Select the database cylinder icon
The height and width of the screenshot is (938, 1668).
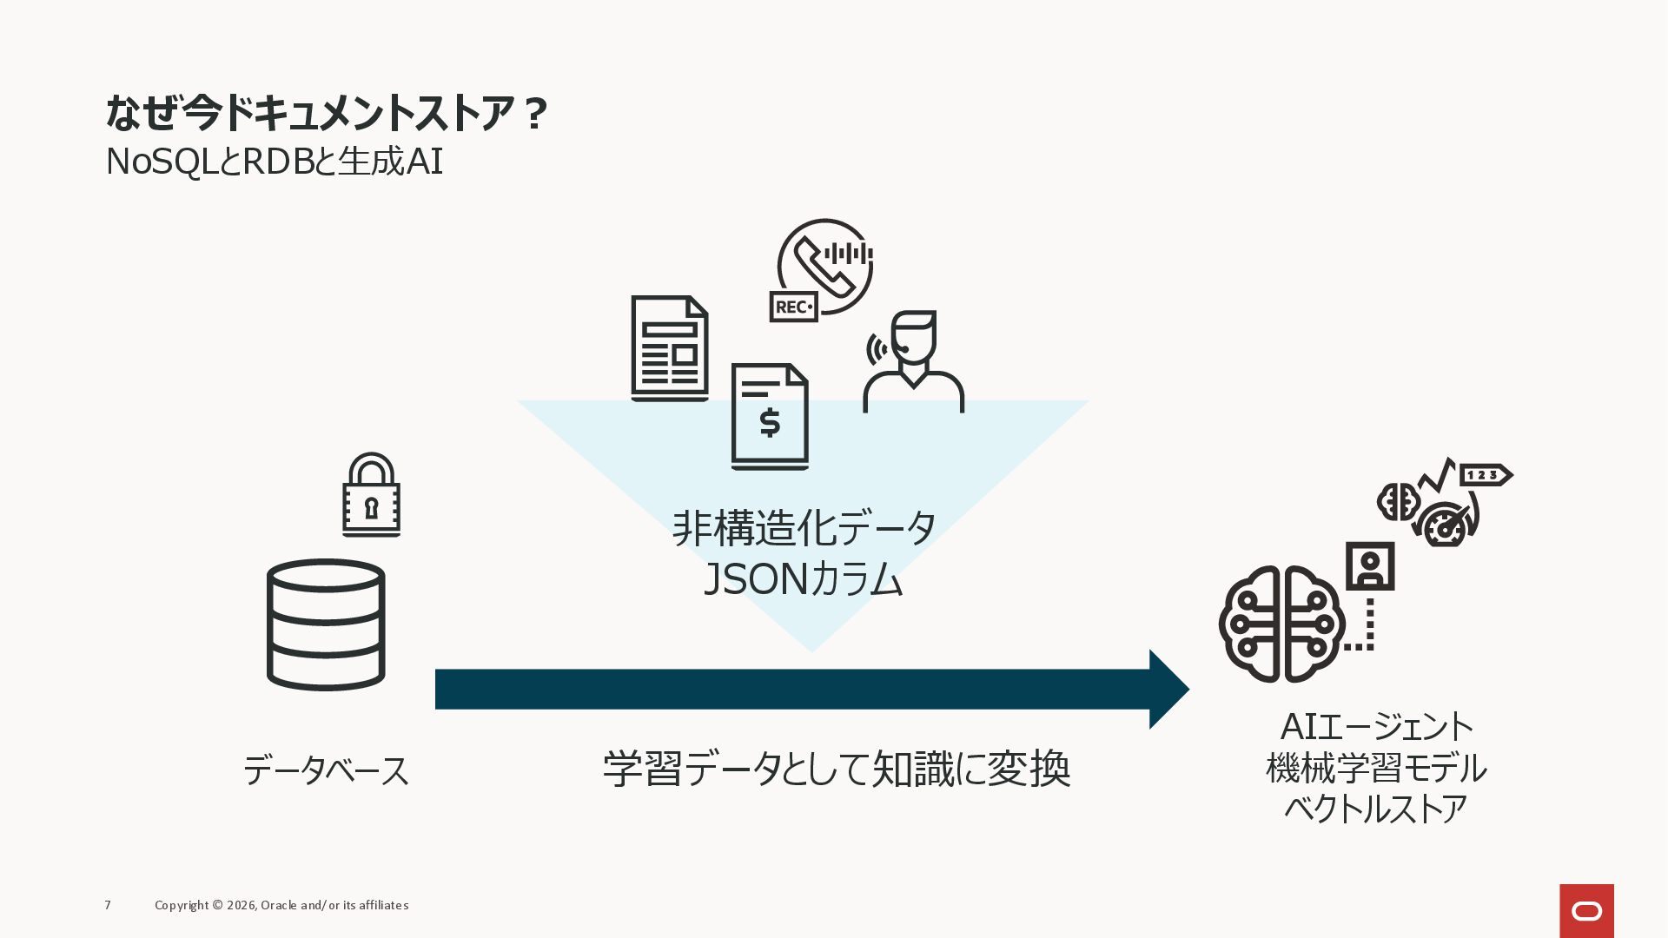(326, 624)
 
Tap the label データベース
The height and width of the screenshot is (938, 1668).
(326, 770)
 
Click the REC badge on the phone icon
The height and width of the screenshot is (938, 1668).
(793, 307)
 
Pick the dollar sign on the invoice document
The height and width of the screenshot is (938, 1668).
(770, 423)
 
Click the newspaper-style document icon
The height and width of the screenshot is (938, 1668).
(669, 348)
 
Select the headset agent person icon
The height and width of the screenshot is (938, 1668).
(913, 361)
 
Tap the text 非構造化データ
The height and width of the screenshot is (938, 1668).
(804, 528)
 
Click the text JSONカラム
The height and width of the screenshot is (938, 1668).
(804, 579)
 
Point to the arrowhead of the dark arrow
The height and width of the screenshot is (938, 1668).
(1168, 689)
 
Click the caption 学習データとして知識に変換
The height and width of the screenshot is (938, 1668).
(837, 769)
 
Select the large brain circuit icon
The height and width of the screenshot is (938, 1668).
(1281, 624)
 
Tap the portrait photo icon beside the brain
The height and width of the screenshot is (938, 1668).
(1370, 566)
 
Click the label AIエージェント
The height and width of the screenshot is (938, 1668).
(1376, 727)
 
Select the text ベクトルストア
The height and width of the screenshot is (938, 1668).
(1376, 809)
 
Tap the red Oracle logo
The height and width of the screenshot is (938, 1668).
(1586, 910)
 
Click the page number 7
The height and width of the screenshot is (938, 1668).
(108, 905)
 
